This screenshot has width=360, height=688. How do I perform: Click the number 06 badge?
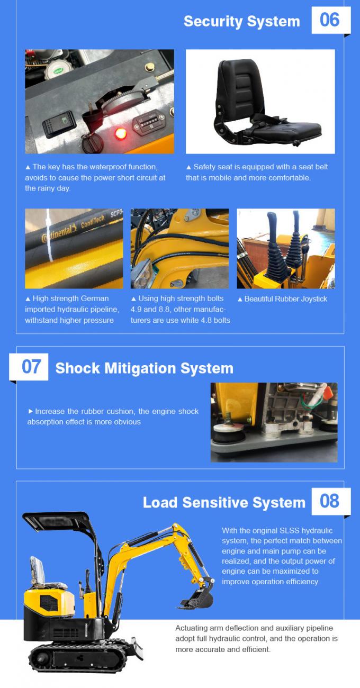pos(330,20)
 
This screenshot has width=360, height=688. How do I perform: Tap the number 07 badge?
pos(31,366)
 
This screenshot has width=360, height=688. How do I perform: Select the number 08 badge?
pos(330,501)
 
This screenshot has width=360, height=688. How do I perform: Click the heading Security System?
pos(241,21)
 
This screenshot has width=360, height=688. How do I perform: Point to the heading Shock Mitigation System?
pos(144,368)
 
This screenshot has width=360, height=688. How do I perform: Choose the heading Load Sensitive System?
pos(224,502)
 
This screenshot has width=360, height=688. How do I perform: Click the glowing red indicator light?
pos(120,133)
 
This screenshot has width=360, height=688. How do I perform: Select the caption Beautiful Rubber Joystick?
pos(285,299)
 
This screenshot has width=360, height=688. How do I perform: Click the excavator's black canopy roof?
pos(56,521)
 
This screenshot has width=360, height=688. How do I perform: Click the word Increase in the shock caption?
pos(50,411)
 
